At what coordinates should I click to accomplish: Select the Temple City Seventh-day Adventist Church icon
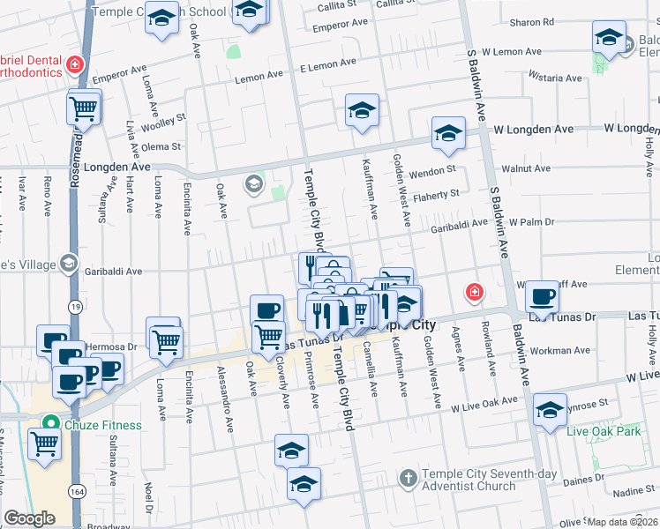click(407, 479)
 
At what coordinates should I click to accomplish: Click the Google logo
click(29, 518)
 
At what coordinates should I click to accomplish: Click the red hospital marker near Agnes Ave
click(475, 292)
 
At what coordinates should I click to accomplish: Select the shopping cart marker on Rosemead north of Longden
click(84, 109)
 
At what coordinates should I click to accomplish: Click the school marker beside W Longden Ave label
click(448, 134)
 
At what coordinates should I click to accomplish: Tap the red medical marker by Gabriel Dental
click(76, 64)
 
